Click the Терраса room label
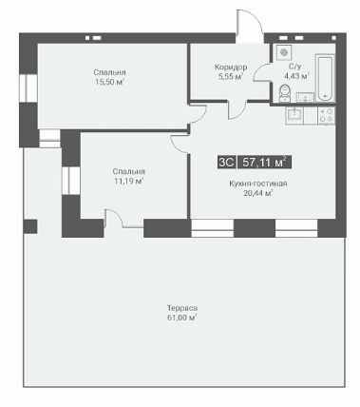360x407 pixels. pos(182,308)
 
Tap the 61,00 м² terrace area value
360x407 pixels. pos(182,318)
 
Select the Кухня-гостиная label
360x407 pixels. pos(258,184)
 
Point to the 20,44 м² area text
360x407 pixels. pos(258,193)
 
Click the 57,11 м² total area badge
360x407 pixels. pos(264,163)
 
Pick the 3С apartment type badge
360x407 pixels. pos(227,163)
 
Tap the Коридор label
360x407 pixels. pos(231,68)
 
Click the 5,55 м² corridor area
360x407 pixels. pos(231,77)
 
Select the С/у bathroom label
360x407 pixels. pos(295,67)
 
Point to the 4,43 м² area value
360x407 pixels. pos(296,76)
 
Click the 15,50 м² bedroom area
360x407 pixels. pos(109,82)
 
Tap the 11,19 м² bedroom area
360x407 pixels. pos(129,181)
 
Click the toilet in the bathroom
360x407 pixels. pos(286,92)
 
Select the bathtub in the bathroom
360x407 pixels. pos(325,78)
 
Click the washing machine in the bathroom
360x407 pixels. pos(284,51)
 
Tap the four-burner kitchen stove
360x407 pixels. pos(326,115)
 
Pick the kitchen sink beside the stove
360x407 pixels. pos(294,115)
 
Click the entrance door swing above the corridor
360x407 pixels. pos(250,27)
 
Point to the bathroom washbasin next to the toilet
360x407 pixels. pos(305,97)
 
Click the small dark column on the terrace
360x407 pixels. pos(30,226)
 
